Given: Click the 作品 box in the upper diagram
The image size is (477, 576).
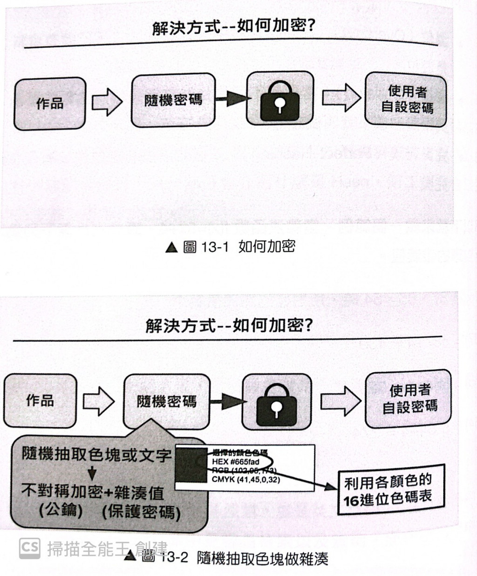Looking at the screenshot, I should (x=50, y=103).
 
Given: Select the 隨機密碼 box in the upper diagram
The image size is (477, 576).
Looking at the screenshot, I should (x=173, y=99).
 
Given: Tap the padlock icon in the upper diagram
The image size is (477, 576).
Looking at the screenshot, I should (x=279, y=98).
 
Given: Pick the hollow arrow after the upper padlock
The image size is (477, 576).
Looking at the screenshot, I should (x=341, y=97).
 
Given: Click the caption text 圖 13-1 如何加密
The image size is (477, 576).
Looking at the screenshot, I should (x=231, y=246).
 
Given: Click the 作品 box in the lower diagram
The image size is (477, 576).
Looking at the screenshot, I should (x=40, y=400).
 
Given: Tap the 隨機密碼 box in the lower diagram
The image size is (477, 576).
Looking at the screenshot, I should (x=167, y=401).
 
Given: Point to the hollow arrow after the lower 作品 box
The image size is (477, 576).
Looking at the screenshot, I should (x=98, y=400).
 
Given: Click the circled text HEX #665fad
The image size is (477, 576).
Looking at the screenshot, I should (x=236, y=462).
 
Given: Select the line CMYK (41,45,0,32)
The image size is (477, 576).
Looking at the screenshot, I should (x=246, y=479).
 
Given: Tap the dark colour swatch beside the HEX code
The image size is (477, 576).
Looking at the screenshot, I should (x=191, y=466).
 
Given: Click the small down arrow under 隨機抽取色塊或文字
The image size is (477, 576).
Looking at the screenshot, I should (x=92, y=473).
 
